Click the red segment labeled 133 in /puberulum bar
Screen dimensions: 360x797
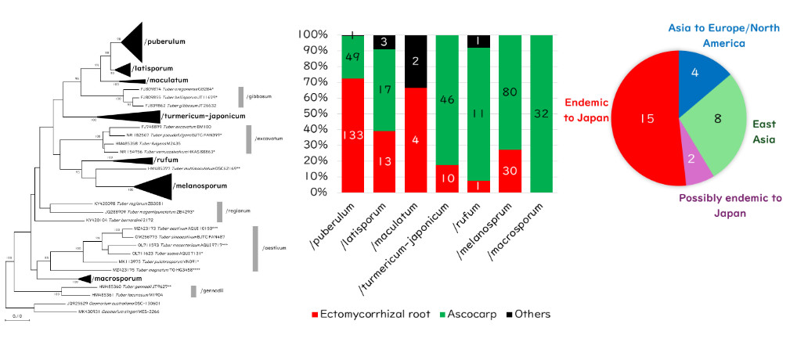(352, 135)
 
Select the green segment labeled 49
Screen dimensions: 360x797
(352, 56)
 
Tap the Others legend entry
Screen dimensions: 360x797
(529, 314)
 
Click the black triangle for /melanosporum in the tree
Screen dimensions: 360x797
(154, 187)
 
